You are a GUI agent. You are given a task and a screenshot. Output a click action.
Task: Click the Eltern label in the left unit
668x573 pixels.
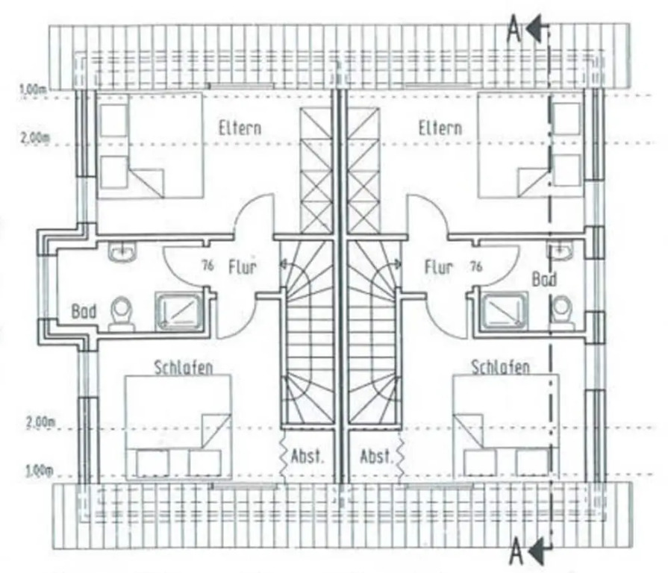240,127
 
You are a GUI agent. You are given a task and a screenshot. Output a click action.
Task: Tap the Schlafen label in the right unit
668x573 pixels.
500,367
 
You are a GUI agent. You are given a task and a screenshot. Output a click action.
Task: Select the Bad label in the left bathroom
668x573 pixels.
84,310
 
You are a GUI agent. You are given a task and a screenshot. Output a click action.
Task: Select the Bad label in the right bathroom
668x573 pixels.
543,279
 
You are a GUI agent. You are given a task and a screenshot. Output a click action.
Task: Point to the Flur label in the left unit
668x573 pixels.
243,266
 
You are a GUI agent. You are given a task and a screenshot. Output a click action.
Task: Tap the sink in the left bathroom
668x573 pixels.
120,253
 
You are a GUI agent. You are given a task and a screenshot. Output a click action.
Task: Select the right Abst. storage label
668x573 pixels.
376,456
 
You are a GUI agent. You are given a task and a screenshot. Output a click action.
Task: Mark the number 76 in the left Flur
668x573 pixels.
207,265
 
